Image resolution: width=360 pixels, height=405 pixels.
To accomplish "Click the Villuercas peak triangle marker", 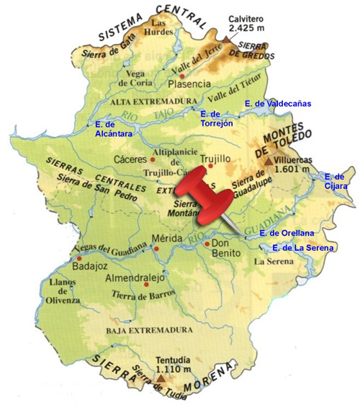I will [x=268, y=161].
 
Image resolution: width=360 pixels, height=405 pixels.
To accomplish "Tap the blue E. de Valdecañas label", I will [x=278, y=104].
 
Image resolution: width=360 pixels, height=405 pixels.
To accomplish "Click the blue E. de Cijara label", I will [x=336, y=181].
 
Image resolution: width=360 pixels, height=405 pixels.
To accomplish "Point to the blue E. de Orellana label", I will [x=288, y=233].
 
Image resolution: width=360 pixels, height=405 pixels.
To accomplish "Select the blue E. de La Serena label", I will [x=302, y=248].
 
